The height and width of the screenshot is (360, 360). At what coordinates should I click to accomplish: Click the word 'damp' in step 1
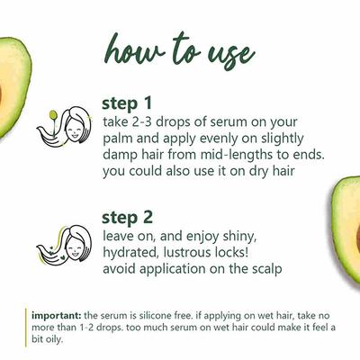tap(121, 156)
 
